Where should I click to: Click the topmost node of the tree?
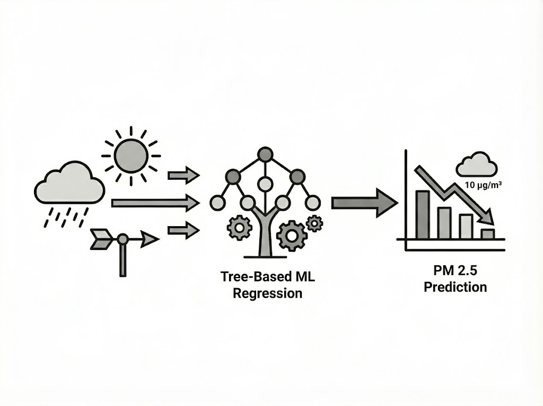point(265,154)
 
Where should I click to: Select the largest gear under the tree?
point(292,235)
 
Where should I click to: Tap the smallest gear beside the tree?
point(314,223)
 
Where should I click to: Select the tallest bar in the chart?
point(423,214)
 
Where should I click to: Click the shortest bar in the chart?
point(487,234)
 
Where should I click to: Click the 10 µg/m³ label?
point(483,186)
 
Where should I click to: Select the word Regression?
point(264,293)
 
